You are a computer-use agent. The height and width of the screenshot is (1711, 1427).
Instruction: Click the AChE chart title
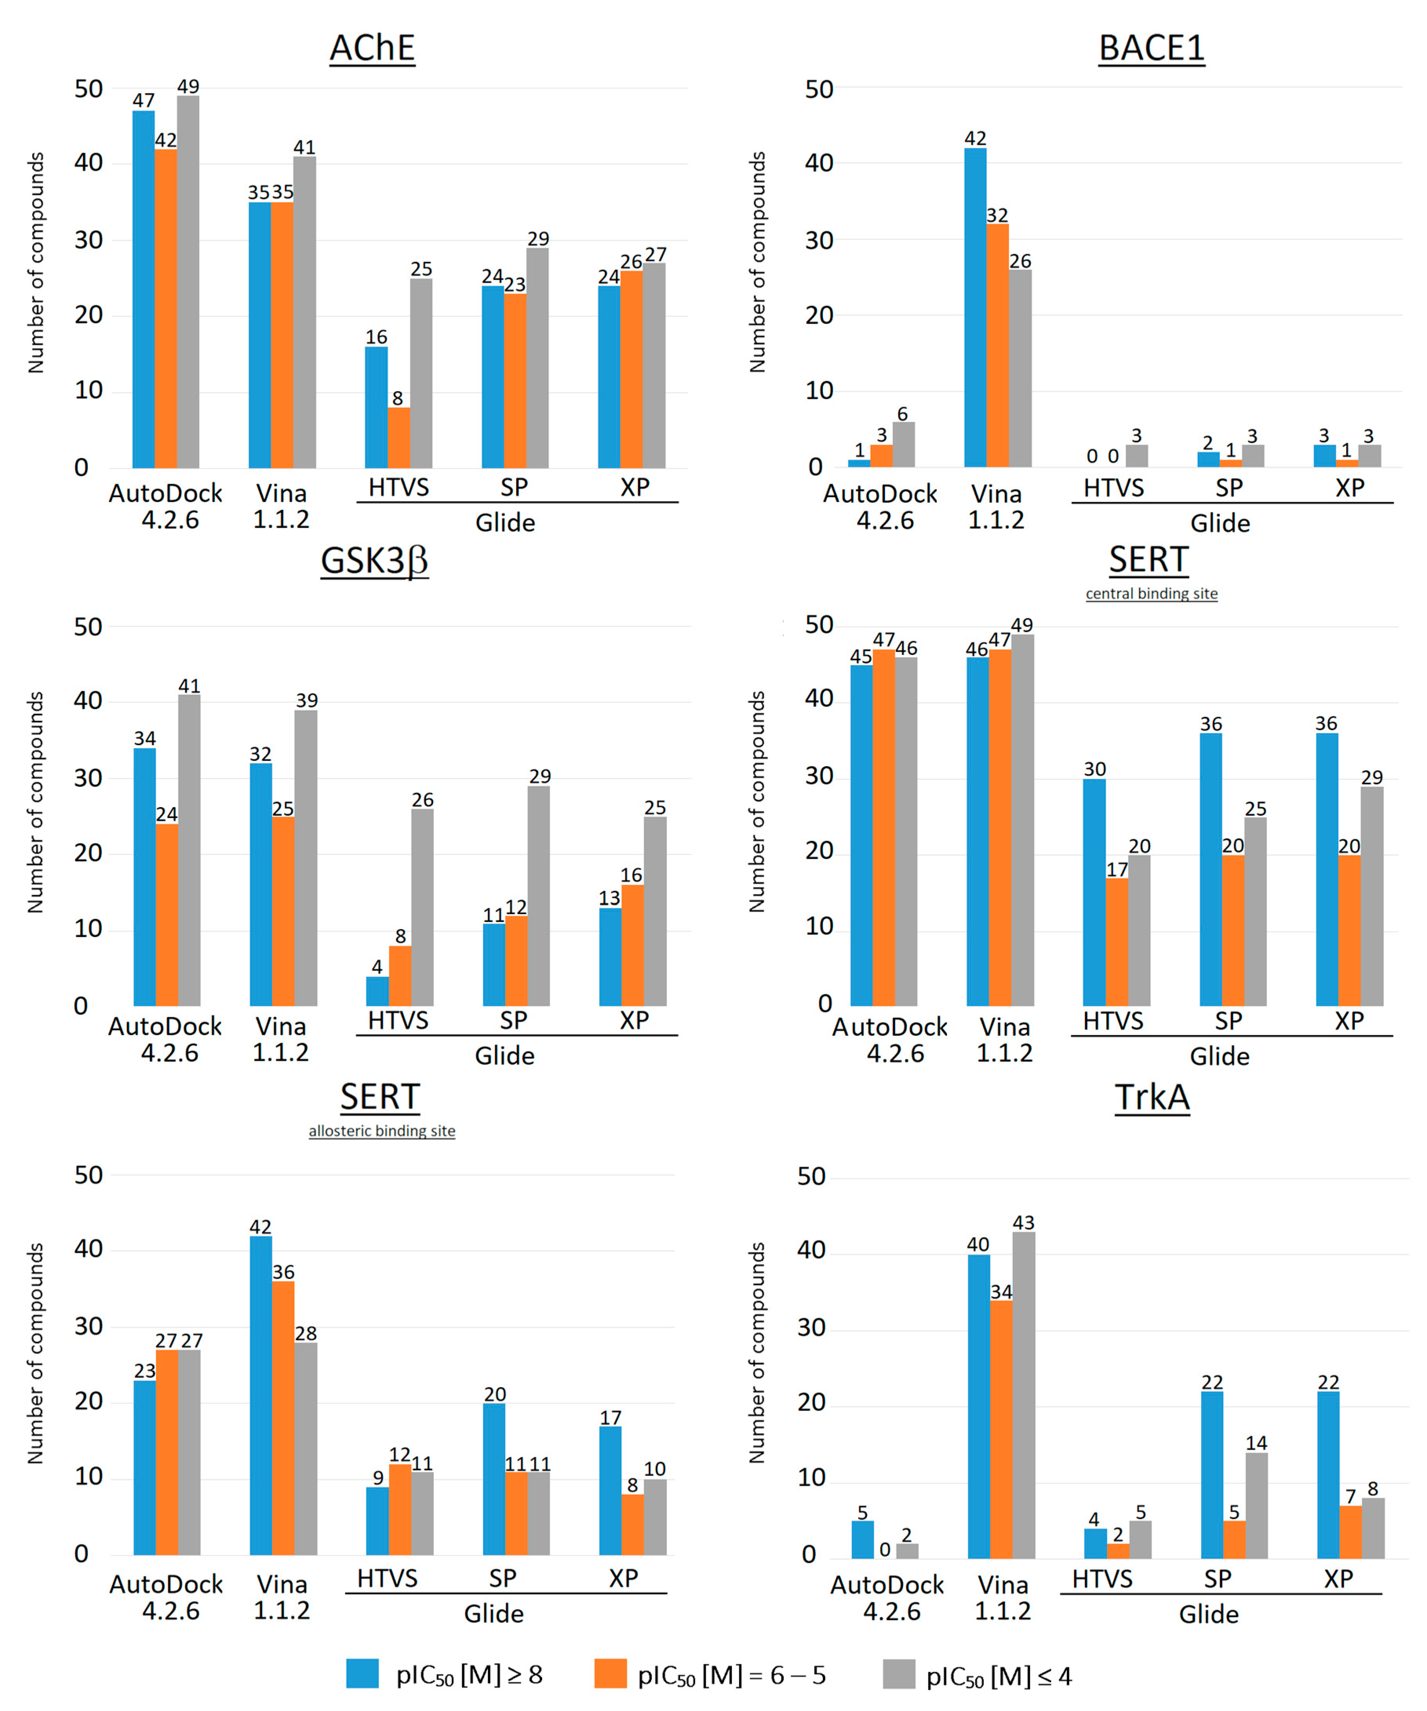click(372, 48)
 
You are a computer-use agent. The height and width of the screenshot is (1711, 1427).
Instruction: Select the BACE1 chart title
click(1152, 48)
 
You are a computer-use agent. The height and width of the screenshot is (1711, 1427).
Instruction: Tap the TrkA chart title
click(1152, 1098)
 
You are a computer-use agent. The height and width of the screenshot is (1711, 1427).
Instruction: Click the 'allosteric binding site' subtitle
click(381, 1131)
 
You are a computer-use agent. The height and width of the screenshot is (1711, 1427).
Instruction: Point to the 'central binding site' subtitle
click(1152, 594)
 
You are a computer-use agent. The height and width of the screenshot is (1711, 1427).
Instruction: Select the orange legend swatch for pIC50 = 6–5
click(610, 1673)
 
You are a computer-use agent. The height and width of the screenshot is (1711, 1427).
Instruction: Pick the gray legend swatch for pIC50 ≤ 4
click(899, 1673)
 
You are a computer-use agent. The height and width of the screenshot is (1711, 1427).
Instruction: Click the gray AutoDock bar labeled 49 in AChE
click(188, 282)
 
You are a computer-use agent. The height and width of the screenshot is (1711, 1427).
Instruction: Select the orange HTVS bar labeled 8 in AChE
click(399, 438)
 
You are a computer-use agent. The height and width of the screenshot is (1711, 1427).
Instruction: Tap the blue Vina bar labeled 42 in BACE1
click(976, 308)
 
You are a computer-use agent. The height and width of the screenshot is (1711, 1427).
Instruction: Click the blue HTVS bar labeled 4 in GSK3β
click(377, 991)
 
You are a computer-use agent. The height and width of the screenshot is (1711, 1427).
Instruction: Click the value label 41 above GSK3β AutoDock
click(189, 686)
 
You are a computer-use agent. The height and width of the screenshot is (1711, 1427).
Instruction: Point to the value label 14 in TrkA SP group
click(1257, 1443)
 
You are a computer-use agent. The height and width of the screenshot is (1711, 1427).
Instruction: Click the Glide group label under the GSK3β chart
click(504, 1056)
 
